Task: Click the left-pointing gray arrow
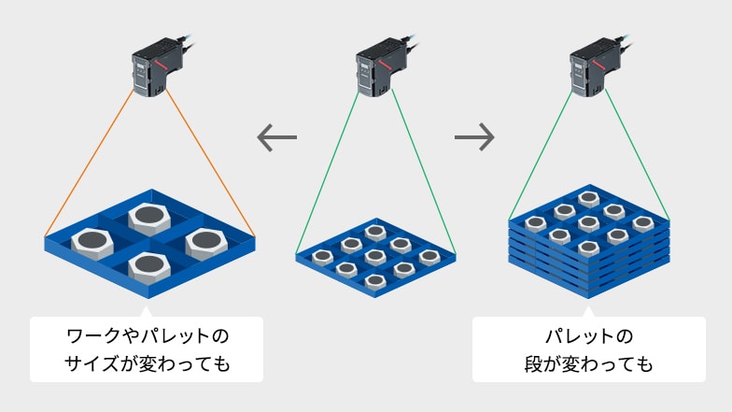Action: coord(276,138)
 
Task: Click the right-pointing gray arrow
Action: coord(474,138)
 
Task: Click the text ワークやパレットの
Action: coord(147,335)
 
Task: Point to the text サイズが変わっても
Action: coord(147,364)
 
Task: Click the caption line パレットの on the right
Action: coord(588,335)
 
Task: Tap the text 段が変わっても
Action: coord(588,364)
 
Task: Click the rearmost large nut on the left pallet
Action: coord(148,218)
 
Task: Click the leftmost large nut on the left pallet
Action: coord(93,242)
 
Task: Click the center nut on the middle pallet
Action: coord(374,255)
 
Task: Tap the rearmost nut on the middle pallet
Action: coord(374,232)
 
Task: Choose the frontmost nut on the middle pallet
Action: coord(374,277)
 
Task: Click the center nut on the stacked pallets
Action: coord(588,223)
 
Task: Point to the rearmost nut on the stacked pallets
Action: coord(588,198)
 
